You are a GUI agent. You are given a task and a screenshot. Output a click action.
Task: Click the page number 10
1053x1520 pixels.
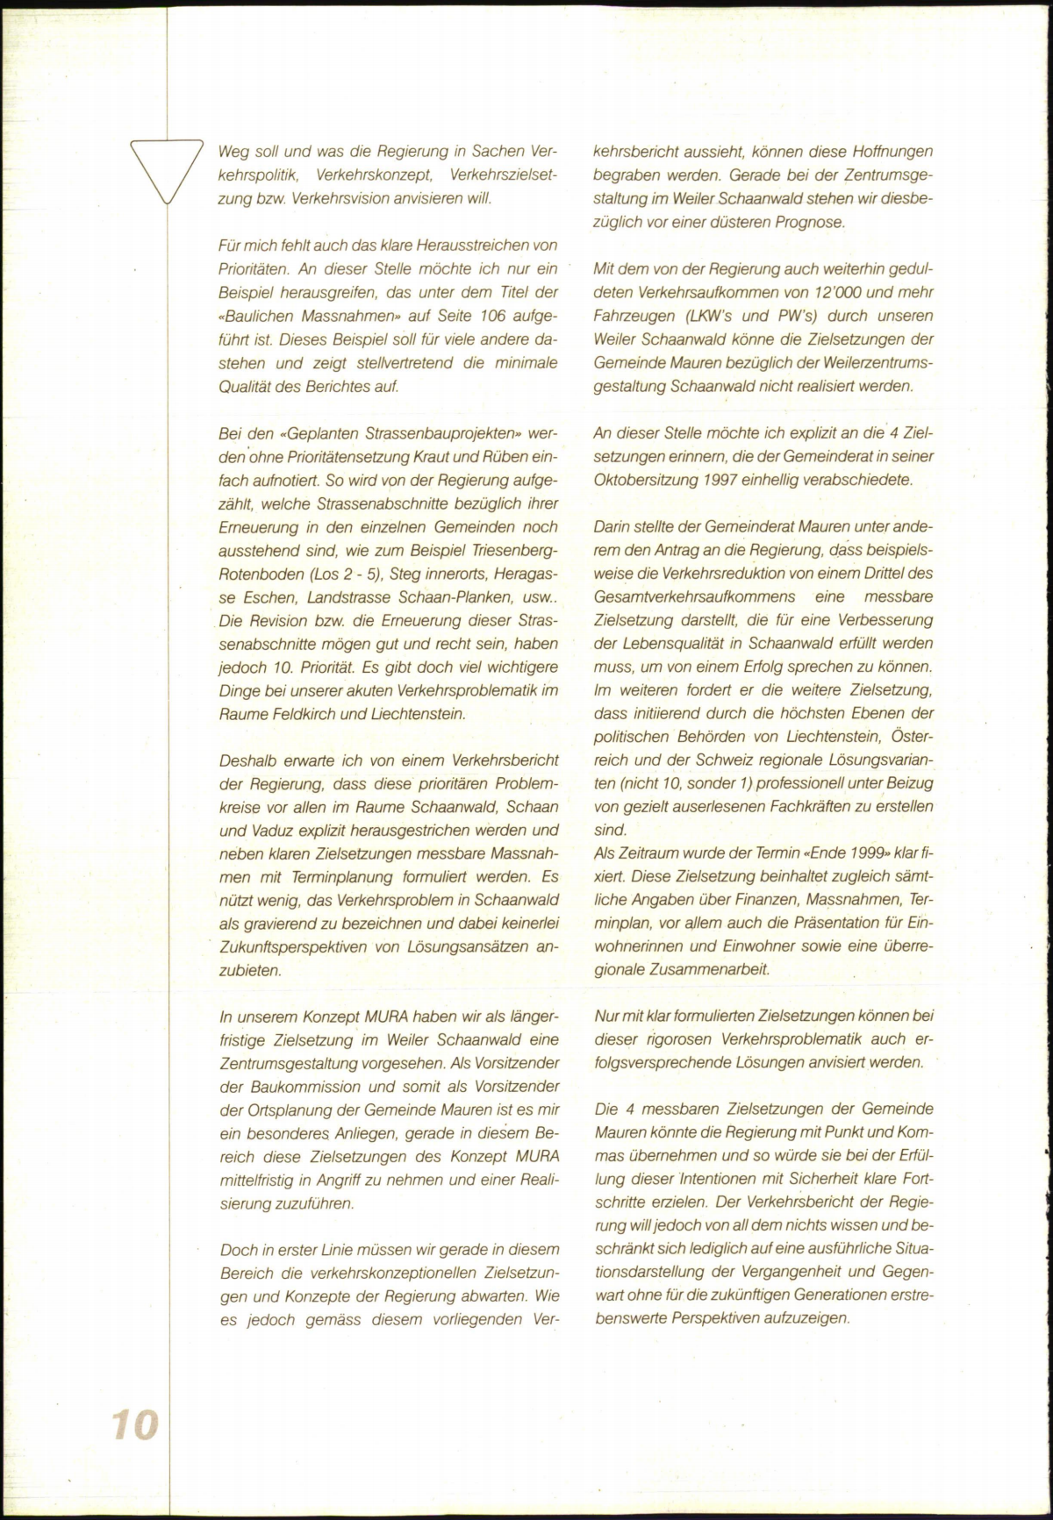[x=134, y=1424]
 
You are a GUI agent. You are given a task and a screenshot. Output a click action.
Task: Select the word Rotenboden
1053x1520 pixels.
[x=259, y=573]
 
